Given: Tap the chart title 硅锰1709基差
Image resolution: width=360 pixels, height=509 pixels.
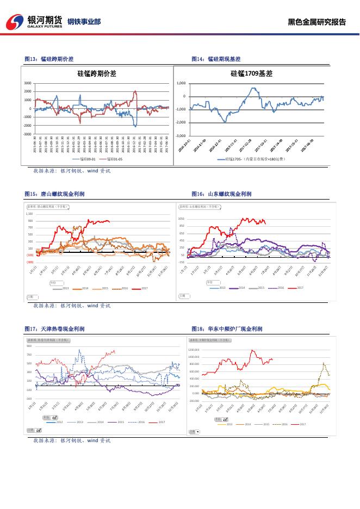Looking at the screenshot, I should [251, 73].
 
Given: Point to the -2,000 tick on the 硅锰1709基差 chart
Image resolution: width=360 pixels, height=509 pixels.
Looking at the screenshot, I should [181, 122].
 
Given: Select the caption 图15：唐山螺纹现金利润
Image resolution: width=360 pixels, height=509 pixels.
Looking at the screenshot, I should [54, 194].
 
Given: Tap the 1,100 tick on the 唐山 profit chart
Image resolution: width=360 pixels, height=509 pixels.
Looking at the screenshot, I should [29, 214].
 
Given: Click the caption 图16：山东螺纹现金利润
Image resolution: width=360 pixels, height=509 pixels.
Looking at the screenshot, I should [221, 194].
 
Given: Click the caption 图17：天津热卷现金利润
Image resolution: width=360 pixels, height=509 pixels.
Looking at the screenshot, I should [54, 329].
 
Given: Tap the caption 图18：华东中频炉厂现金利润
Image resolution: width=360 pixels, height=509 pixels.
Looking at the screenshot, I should [227, 329].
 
